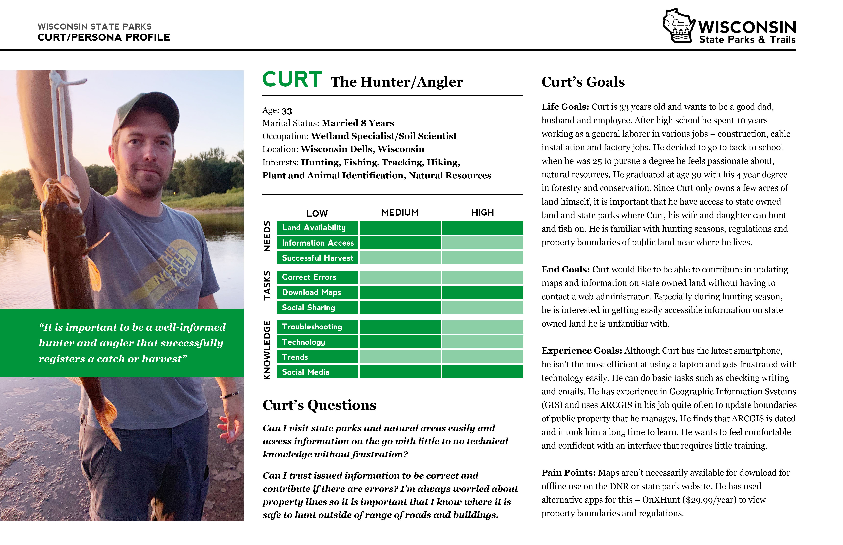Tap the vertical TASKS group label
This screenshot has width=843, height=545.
coord(267,286)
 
